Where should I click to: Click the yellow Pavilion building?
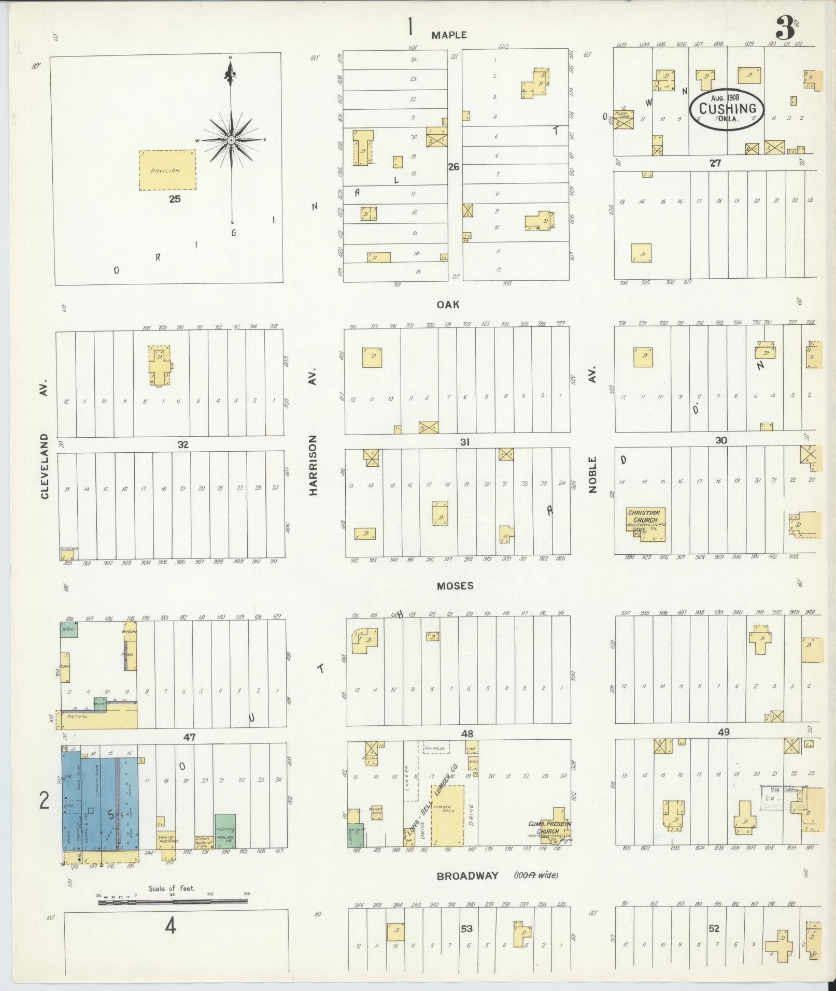(x=167, y=170)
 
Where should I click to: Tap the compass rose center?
(x=231, y=140)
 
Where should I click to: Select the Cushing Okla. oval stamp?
(x=727, y=109)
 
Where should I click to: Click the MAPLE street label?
(x=449, y=35)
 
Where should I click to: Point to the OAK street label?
(x=448, y=305)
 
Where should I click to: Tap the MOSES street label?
(x=455, y=585)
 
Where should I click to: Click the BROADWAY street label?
(x=467, y=875)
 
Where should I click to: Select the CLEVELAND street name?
(x=45, y=467)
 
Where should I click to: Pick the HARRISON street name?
(x=313, y=465)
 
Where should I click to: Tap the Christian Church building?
(x=645, y=523)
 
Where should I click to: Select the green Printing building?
(x=225, y=830)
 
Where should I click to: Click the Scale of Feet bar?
(x=173, y=902)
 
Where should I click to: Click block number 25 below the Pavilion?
(x=175, y=198)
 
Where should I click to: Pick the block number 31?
(x=465, y=442)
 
